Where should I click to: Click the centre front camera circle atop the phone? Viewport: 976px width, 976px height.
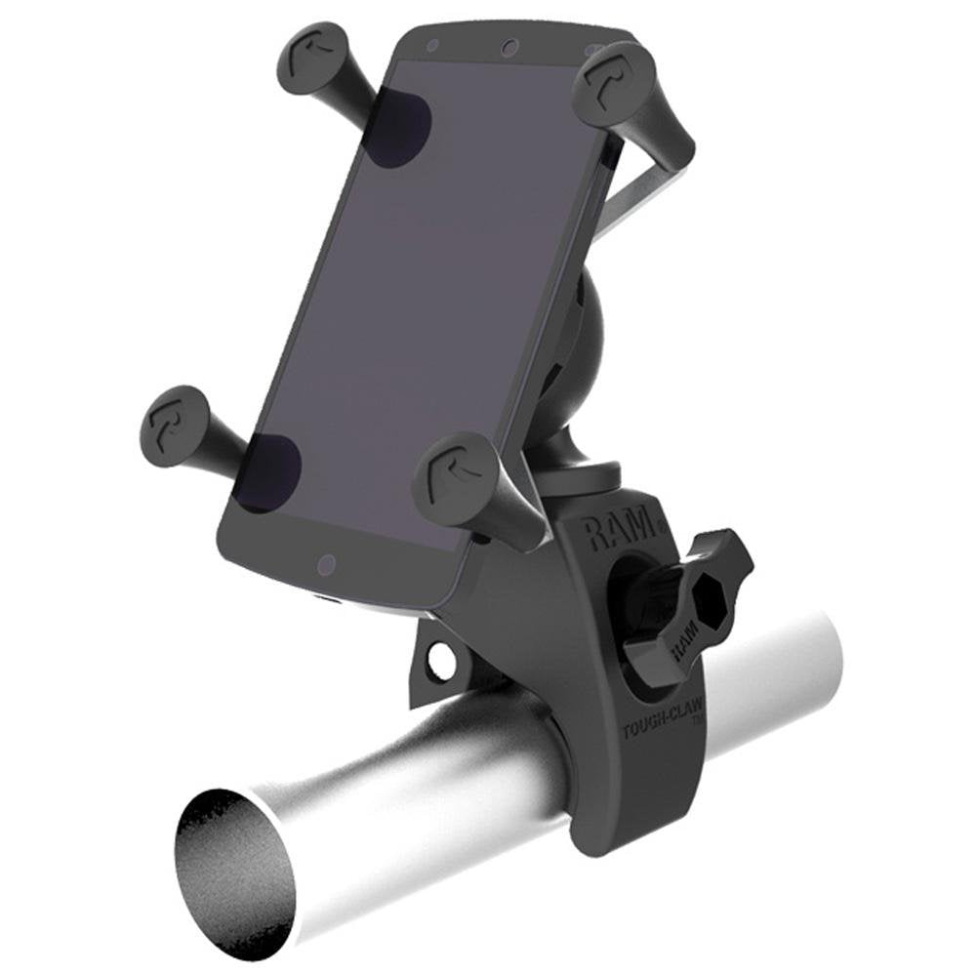click(x=508, y=47)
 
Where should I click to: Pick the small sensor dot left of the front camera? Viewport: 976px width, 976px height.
click(x=432, y=45)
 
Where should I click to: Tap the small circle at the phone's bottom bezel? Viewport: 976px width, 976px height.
click(x=327, y=564)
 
